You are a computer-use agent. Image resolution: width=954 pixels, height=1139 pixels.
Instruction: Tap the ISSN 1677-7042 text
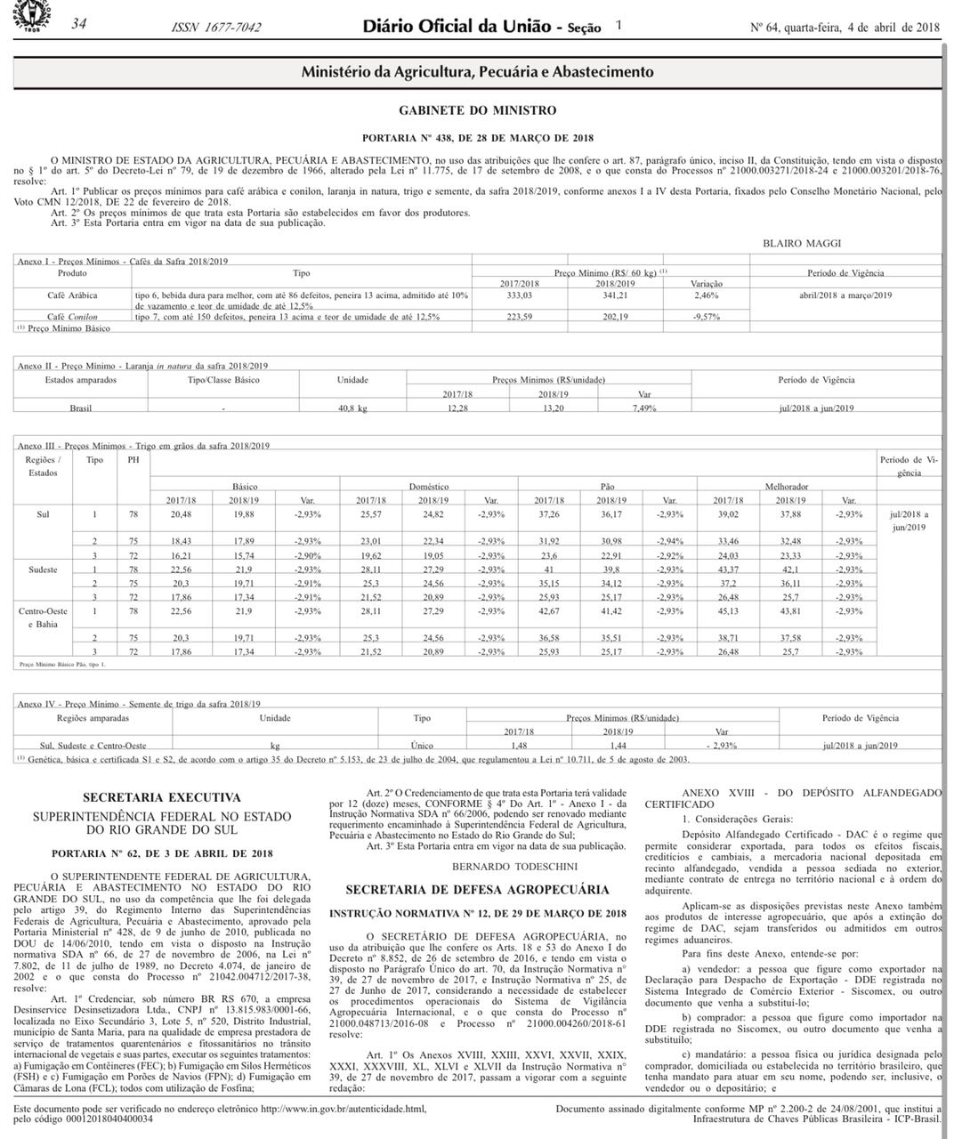pyautogui.click(x=216, y=28)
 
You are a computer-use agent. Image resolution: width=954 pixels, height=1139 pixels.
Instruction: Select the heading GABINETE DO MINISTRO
pyautogui.click(x=477, y=110)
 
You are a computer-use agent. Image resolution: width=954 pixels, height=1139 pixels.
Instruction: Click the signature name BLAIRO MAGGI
pyautogui.click(x=801, y=243)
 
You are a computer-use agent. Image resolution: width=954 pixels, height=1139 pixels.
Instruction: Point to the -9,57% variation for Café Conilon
pyautogui.click(x=706, y=316)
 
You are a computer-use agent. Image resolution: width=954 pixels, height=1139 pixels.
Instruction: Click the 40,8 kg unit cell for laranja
pyautogui.click(x=352, y=408)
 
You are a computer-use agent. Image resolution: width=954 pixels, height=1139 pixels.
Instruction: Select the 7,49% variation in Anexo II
pyautogui.click(x=643, y=408)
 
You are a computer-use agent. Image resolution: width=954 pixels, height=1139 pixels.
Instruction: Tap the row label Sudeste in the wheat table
pyautogui.click(x=43, y=569)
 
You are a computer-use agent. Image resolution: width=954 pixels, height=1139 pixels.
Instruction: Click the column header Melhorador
pyautogui.click(x=787, y=487)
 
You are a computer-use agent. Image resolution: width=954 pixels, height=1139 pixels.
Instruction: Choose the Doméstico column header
pyautogui.click(x=429, y=487)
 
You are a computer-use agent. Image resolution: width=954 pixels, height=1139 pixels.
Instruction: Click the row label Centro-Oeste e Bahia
pyautogui.click(x=43, y=618)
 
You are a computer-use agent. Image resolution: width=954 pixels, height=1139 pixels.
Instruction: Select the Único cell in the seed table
pyautogui.click(x=422, y=745)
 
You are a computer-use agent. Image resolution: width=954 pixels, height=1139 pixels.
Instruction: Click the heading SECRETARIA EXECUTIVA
pyautogui.click(x=161, y=797)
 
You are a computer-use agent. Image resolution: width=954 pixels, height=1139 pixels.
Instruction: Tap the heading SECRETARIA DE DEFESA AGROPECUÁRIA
pyautogui.click(x=477, y=889)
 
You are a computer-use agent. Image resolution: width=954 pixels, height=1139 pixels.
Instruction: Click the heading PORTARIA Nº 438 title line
pyautogui.click(x=477, y=138)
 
